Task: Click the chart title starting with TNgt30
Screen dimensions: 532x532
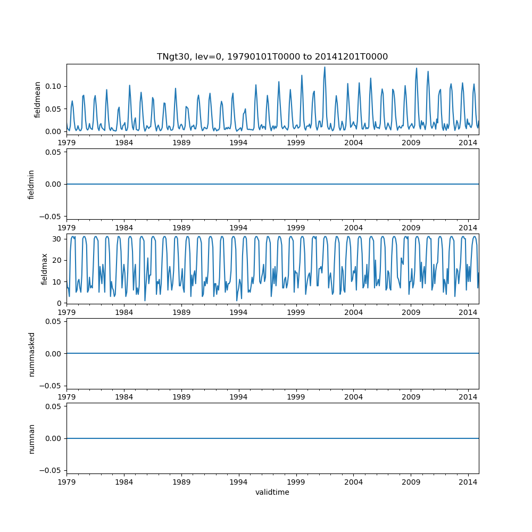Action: point(272,56)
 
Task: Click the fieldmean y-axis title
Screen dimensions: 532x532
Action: point(37,99)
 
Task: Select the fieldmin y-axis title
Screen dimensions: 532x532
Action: point(31,184)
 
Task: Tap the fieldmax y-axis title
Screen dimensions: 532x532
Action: point(45,269)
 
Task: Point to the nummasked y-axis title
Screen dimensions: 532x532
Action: point(31,354)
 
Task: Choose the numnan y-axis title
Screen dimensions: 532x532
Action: point(31,438)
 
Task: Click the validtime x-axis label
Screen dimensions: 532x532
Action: point(272,492)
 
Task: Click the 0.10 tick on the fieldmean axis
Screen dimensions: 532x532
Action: point(53,86)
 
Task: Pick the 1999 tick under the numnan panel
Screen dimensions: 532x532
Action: point(296,481)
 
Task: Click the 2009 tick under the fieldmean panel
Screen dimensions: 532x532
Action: point(411,142)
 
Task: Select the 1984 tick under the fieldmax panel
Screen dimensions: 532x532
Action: point(124,312)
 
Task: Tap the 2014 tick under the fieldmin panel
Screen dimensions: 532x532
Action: point(468,227)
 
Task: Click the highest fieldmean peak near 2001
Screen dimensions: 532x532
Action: point(325,67)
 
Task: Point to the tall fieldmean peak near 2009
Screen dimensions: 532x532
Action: point(417,68)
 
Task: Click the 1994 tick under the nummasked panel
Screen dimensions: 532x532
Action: point(238,396)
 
